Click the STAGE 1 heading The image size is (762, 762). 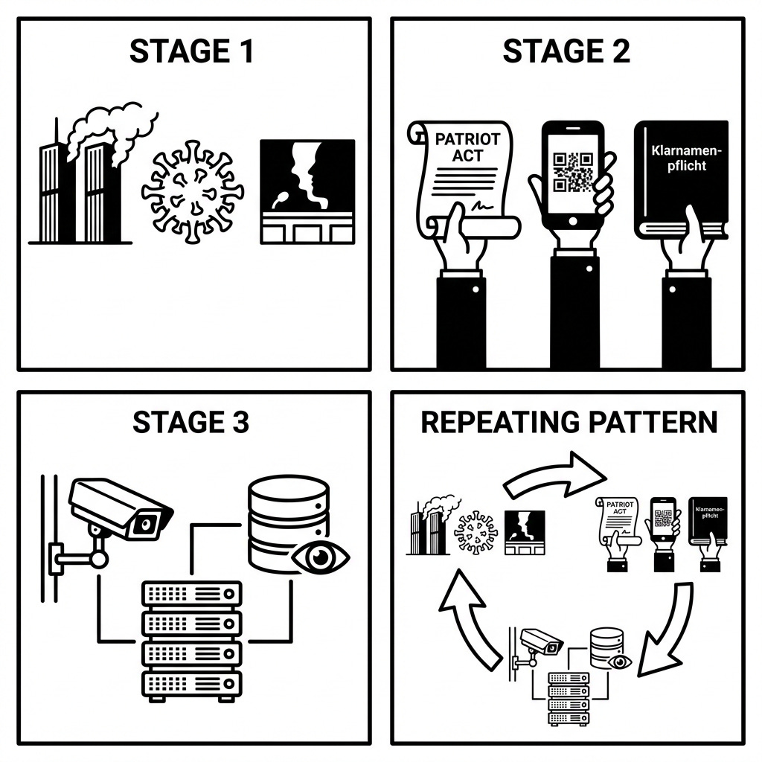coord(191,51)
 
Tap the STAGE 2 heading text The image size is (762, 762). coord(566,51)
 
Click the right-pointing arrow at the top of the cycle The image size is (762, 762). coord(554,475)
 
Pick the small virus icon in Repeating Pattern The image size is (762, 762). coord(476,533)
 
